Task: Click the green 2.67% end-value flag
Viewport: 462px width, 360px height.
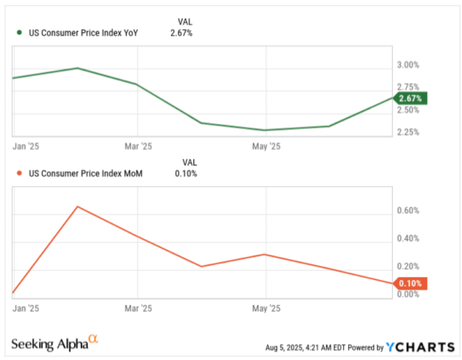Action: tap(410, 98)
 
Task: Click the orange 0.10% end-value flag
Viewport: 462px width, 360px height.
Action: tap(410, 283)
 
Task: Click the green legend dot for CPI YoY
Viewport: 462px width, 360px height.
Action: tap(19, 33)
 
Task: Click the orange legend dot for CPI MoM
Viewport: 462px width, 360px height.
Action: tap(19, 174)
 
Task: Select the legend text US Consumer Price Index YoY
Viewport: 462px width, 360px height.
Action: tap(83, 33)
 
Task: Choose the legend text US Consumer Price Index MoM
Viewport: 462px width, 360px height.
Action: tap(84, 174)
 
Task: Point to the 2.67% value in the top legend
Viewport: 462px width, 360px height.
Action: tap(182, 33)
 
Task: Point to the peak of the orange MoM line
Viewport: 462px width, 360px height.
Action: tap(77, 206)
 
